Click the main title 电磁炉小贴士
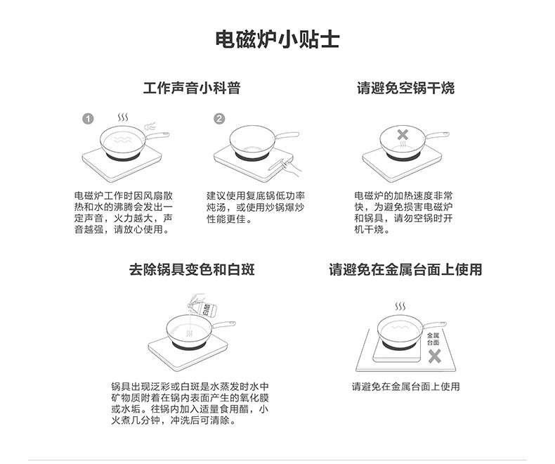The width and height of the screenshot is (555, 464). coord(277,39)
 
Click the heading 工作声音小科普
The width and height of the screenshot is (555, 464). coord(192,88)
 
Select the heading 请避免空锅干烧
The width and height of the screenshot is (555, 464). coord(405,88)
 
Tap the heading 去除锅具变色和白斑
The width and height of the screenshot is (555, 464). coord(192,269)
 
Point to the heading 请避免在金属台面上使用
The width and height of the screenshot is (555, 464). coord(405,269)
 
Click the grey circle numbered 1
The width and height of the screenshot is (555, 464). coord(88,119)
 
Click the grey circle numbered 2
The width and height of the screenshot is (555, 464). coord(219,119)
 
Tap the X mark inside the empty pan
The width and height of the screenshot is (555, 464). coord(403,134)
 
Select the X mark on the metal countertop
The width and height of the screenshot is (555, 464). coord(434,356)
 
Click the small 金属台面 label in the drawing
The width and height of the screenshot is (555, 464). coord(433,339)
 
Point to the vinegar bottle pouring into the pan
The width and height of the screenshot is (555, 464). coord(202,306)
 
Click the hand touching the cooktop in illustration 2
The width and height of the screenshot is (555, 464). coord(290,167)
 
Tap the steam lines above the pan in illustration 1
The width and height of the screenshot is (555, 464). coord(123,117)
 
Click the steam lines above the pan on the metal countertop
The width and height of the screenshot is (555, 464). coord(400,307)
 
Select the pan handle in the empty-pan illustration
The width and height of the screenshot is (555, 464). coord(438,136)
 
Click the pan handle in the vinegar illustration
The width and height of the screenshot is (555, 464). coord(223,326)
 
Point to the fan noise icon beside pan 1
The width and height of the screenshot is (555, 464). coord(150,127)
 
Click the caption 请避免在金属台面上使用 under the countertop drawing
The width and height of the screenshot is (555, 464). coord(405,387)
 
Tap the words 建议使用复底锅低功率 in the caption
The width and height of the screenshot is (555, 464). coord(256,196)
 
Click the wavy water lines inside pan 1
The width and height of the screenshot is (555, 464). coord(123,139)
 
